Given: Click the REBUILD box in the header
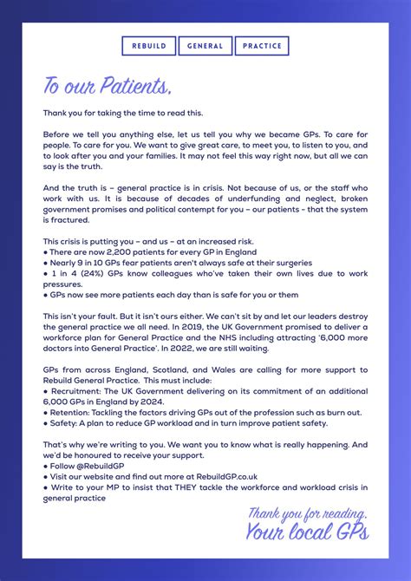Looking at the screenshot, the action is [148, 46].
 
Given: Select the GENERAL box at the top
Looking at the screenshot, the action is [205, 46].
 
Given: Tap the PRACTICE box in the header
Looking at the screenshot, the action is [261, 46].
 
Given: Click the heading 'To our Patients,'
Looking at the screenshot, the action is [108, 87].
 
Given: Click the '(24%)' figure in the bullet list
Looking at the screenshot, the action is [81, 273].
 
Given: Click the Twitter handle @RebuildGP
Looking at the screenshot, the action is [100, 466].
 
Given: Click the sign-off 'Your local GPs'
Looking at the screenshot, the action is [307, 531].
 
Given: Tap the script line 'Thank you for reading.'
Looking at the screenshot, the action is [308, 512].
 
